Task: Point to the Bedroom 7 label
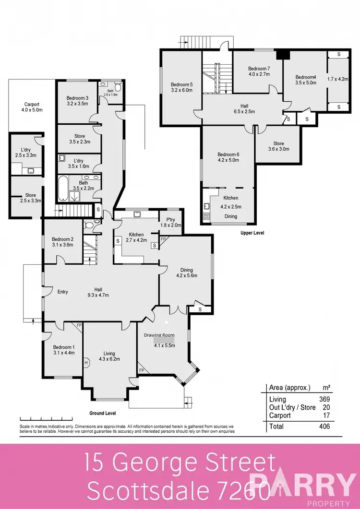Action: (259, 69)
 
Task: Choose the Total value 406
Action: (324, 426)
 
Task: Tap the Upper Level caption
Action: (252, 233)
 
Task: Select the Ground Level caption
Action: (103, 413)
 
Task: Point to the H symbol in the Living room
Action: (86, 363)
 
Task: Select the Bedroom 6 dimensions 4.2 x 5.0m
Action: (228, 161)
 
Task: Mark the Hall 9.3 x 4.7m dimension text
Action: (98, 295)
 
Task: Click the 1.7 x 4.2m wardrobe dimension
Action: (337, 79)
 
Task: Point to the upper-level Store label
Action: (278, 143)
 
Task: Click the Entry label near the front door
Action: (62, 291)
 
